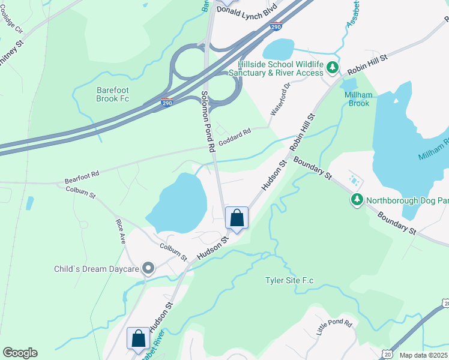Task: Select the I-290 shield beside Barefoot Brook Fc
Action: pyautogui.click(x=167, y=103)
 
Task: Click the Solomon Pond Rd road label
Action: pyautogui.click(x=208, y=120)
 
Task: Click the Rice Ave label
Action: pyautogui.click(x=121, y=230)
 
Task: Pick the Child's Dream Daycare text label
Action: pyautogui.click(x=96, y=269)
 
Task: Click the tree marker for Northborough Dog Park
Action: pyautogui.click(x=358, y=199)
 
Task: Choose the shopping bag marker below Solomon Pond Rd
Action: pyautogui.click(x=237, y=217)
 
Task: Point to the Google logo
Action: pyautogui.click(x=20, y=353)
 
